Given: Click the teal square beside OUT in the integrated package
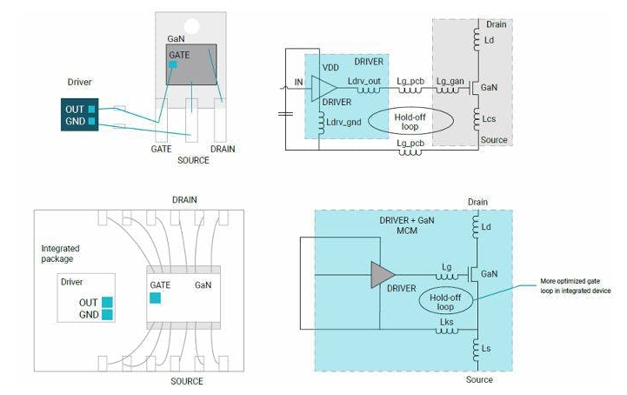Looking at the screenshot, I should [107, 302].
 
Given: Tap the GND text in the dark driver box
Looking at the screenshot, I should [74, 122].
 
